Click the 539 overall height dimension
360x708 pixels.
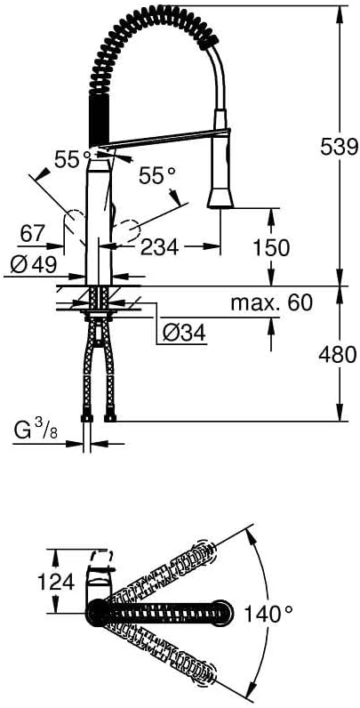click(x=339, y=146)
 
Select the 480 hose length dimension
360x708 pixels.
click(x=338, y=355)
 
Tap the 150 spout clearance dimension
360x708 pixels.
click(x=271, y=247)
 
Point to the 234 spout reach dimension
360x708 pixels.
click(x=160, y=247)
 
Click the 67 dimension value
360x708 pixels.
click(x=34, y=234)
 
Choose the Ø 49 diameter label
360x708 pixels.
click(x=34, y=265)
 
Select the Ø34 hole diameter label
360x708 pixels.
click(x=184, y=334)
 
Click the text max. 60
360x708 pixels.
click(x=272, y=303)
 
